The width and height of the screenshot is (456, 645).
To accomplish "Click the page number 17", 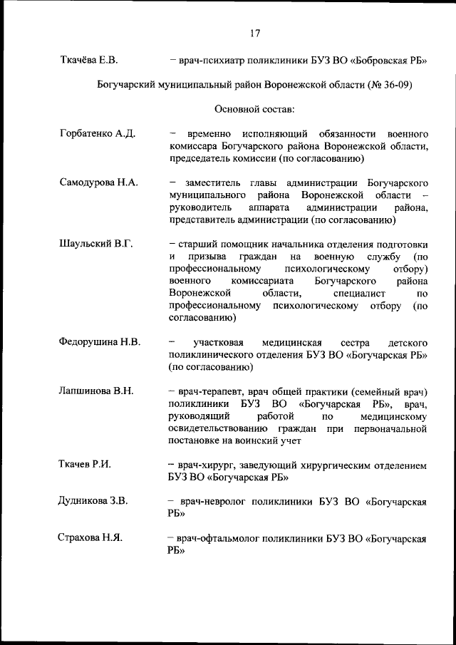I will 256,33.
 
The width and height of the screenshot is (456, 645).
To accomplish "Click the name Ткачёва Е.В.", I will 88,60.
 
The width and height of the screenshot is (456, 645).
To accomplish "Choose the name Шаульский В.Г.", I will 95,244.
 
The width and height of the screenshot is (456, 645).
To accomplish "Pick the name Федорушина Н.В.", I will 99,342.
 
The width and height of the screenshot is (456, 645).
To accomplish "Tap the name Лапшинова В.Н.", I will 96,391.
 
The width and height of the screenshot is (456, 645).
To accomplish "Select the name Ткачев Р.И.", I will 84,465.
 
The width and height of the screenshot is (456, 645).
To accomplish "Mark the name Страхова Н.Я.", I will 90,537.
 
